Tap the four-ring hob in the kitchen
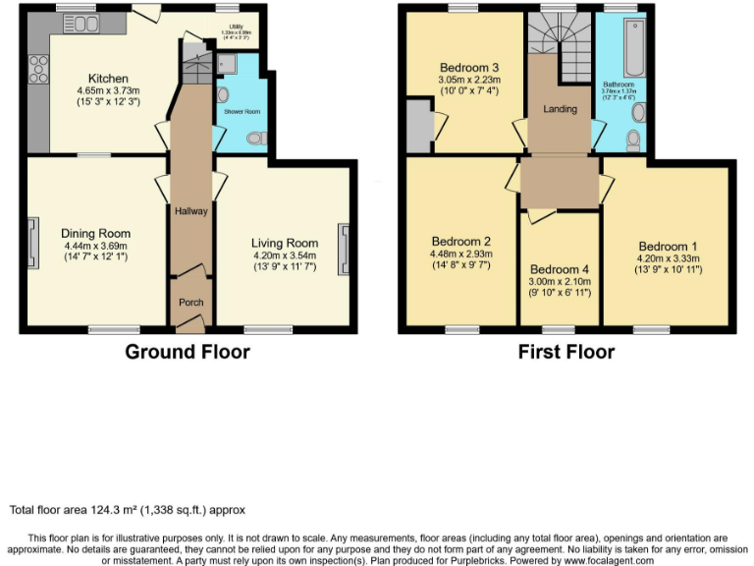click(40, 69)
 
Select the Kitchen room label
click(107, 79)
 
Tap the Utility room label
click(236, 27)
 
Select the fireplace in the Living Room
click(344, 248)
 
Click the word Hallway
click(190, 210)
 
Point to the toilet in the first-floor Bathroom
click(633, 141)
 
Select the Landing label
click(560, 109)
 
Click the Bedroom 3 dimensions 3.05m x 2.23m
click(468, 80)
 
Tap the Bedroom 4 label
click(560, 269)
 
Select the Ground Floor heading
click(187, 352)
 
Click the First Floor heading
click(566, 352)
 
